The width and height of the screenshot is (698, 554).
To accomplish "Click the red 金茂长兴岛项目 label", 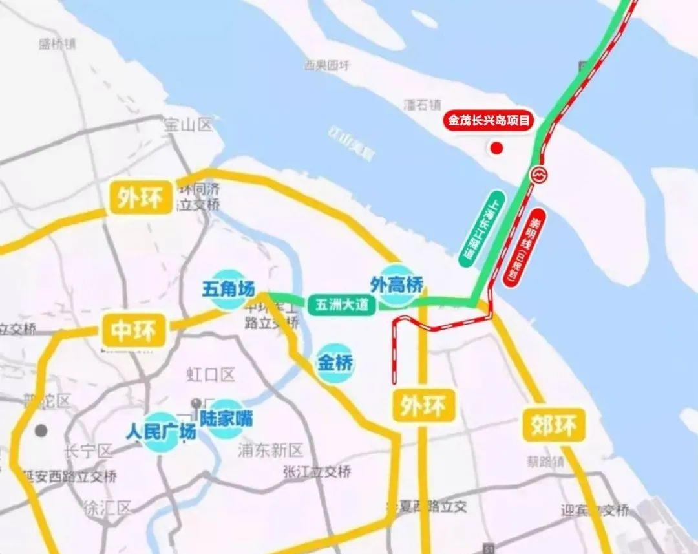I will (489, 120).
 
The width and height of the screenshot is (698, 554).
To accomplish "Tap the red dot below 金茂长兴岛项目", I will (496, 149).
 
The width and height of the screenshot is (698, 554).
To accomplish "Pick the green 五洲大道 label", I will (342, 304).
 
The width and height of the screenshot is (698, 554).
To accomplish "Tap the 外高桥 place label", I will (397, 284).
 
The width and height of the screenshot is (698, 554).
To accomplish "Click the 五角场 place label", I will (228, 288).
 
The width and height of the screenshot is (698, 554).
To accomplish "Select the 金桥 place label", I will (335, 363).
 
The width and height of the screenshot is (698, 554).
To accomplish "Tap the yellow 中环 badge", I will (134, 330).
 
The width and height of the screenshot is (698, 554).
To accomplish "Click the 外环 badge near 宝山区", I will (140, 197).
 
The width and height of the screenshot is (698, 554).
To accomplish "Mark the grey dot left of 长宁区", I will (41, 430).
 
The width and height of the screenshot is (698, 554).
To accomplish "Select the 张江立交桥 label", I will (317, 472).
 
